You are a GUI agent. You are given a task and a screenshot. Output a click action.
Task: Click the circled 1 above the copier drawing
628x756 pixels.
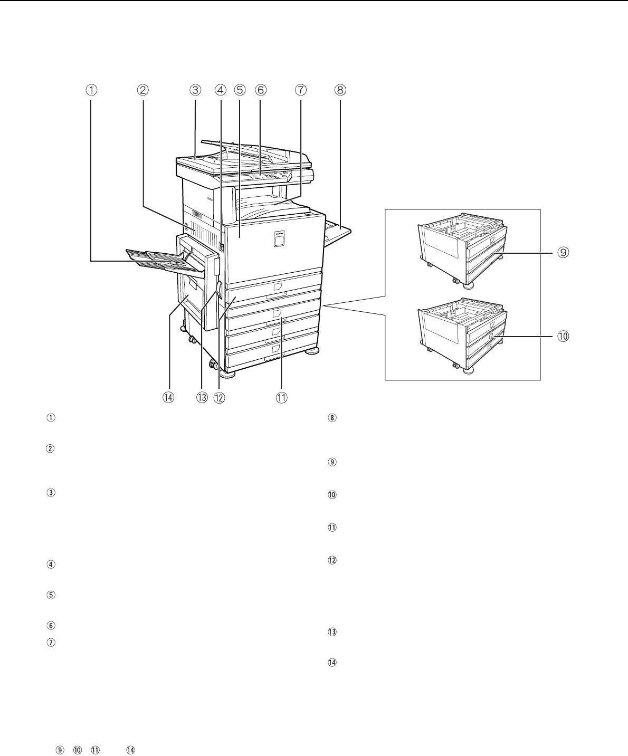tap(91, 90)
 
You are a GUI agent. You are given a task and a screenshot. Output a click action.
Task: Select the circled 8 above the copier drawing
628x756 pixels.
tap(340, 90)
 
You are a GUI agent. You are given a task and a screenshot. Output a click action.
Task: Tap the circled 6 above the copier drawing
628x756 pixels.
tap(260, 90)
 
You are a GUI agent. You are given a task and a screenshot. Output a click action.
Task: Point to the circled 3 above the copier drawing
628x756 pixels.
tap(195, 90)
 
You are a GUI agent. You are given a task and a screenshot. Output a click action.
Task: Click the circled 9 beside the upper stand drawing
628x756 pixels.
tap(563, 252)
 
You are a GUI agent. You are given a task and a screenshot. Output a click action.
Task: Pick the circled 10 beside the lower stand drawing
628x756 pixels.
tap(563, 337)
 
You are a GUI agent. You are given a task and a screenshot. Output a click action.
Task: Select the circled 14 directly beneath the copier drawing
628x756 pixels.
tap(168, 398)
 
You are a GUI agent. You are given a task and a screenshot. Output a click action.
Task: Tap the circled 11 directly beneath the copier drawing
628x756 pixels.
tap(281, 398)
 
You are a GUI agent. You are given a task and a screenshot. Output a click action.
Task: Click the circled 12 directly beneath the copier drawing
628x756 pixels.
tap(219, 398)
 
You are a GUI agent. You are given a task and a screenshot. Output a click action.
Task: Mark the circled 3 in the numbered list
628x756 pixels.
tap(51, 493)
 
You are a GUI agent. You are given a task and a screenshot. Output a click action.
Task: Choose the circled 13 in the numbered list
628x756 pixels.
tap(332, 632)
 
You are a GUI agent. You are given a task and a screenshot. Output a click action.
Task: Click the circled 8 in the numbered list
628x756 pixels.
tap(332, 418)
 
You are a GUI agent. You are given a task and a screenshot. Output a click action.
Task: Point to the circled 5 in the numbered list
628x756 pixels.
tap(51, 595)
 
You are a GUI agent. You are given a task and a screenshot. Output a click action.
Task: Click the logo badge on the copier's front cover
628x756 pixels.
tap(279, 238)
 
